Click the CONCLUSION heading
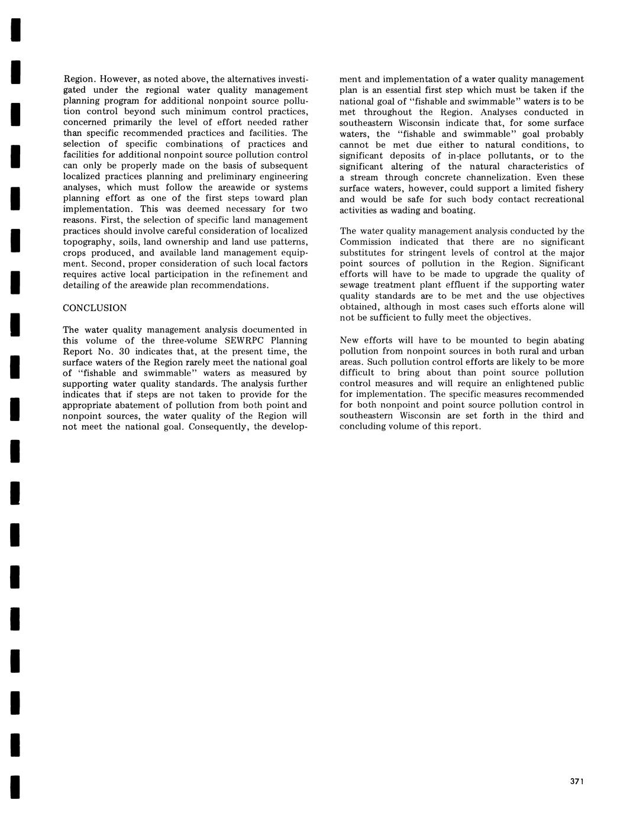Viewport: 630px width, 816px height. pos(95,308)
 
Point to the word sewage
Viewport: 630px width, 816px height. pos(354,285)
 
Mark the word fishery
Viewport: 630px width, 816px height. pos(568,188)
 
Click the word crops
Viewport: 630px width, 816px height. pos(75,253)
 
